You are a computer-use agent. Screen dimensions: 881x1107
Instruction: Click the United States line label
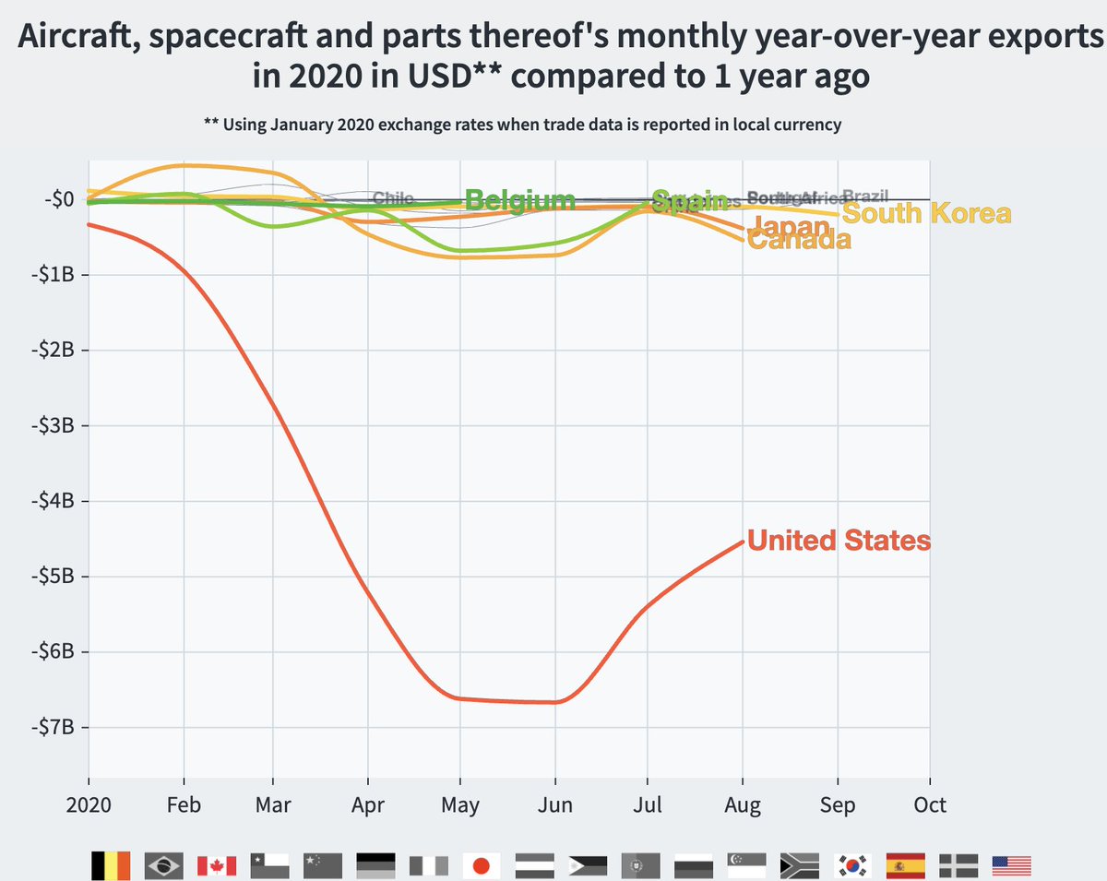click(839, 541)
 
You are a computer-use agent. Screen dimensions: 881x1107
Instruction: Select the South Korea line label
click(926, 214)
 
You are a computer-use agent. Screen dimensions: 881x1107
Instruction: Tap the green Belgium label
click(519, 199)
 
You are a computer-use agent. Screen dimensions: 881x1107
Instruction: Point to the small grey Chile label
click(392, 198)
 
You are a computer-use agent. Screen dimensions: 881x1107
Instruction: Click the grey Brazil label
click(865, 196)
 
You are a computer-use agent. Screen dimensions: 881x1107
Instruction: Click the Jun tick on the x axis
click(554, 805)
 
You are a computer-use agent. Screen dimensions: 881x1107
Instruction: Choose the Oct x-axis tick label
click(929, 805)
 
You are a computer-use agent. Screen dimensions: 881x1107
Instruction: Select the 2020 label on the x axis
click(89, 805)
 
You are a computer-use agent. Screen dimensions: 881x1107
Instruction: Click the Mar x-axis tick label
click(273, 805)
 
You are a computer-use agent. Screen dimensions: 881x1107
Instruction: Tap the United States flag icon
click(1011, 865)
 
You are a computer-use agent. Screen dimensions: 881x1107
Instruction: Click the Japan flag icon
click(481, 865)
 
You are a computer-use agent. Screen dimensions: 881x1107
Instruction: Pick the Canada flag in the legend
click(216, 865)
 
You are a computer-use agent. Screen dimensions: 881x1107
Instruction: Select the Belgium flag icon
click(110, 865)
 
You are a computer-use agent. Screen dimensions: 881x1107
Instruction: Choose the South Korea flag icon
click(852, 865)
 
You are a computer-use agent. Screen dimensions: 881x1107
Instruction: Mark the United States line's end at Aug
click(743, 542)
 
